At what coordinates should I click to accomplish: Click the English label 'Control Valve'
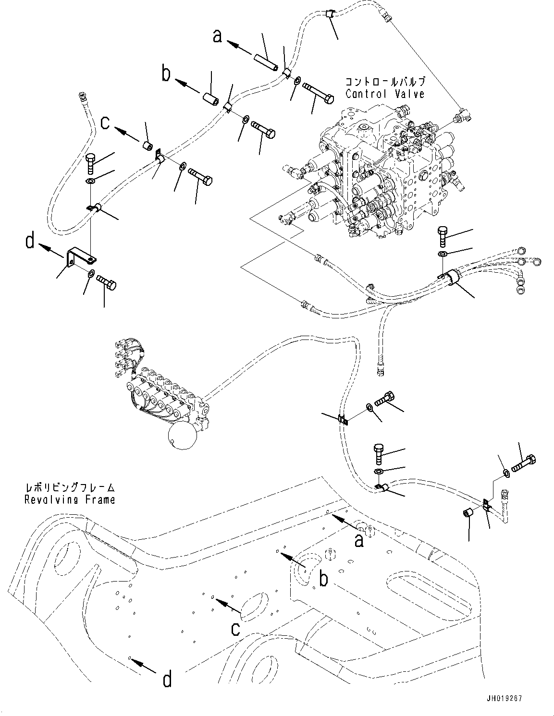click(x=385, y=93)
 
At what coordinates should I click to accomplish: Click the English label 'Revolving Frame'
click(x=70, y=499)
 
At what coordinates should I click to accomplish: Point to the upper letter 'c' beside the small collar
click(x=105, y=122)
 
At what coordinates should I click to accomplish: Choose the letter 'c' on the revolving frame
click(x=235, y=628)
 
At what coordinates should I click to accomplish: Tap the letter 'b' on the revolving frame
click(x=324, y=579)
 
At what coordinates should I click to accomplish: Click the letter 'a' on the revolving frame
click(x=358, y=541)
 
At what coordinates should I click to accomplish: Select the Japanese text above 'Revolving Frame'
click(x=70, y=487)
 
